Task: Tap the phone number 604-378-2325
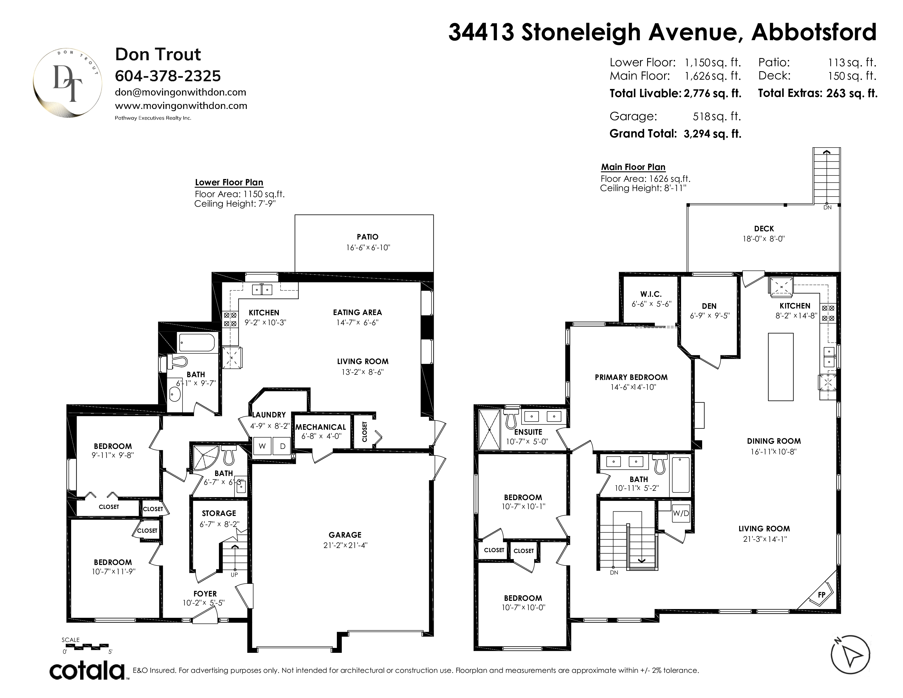[x=168, y=76]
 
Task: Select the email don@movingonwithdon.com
[x=181, y=92]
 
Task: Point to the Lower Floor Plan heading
[x=229, y=182]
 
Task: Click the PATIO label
[x=367, y=237]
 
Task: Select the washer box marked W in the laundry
[x=262, y=446]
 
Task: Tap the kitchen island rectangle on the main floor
[x=781, y=367]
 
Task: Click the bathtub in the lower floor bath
[x=197, y=343]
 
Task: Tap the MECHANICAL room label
[x=320, y=427]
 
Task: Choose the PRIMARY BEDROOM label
[x=631, y=377]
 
